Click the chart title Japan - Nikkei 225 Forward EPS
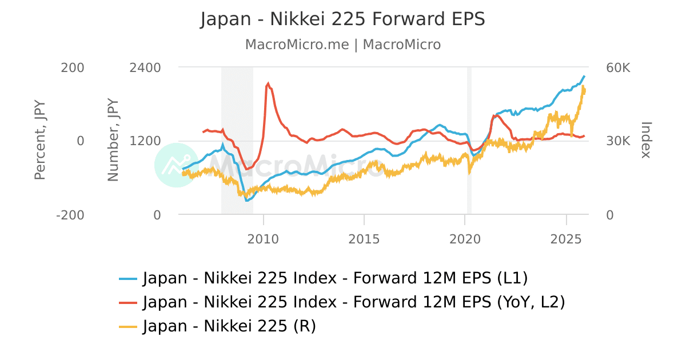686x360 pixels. click(342, 19)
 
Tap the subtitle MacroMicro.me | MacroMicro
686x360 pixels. click(342, 45)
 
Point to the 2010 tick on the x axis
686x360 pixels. click(263, 238)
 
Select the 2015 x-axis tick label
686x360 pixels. click(364, 238)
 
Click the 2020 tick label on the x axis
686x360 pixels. click(465, 238)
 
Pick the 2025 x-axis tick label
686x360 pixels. click(566, 238)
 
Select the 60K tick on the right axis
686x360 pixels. click(618, 67)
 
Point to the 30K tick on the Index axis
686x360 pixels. click(618, 141)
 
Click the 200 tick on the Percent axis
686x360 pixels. click(73, 67)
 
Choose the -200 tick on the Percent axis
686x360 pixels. click(71, 215)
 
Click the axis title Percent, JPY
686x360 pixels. click(39, 141)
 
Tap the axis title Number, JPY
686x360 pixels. click(113, 141)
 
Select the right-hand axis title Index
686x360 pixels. click(646, 140)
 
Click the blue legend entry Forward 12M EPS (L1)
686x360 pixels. click(324, 278)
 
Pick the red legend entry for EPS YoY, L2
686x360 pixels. click(342, 302)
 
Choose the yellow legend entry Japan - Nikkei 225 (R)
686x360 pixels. click(218, 326)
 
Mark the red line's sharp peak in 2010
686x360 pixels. click(268, 83)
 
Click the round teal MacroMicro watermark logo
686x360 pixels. click(176, 165)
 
